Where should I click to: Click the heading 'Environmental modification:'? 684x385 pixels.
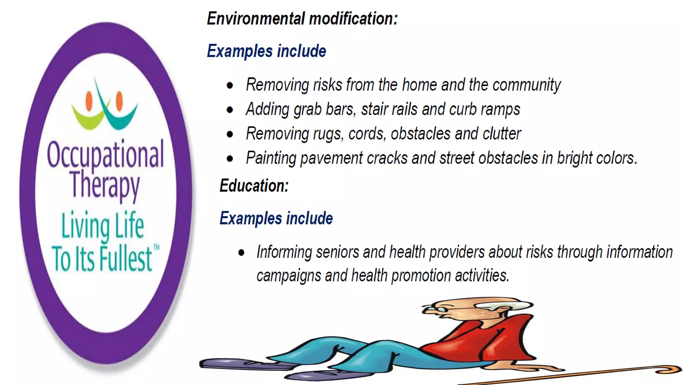[x=302, y=19]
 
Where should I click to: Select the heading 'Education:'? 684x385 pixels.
[x=254, y=186]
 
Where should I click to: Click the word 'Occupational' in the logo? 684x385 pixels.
[x=105, y=155]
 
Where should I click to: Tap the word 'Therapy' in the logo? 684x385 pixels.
[x=104, y=185]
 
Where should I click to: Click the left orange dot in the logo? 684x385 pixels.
[x=89, y=101]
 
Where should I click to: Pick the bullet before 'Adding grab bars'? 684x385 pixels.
[x=230, y=110]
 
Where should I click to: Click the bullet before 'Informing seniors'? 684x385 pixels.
[x=241, y=253]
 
